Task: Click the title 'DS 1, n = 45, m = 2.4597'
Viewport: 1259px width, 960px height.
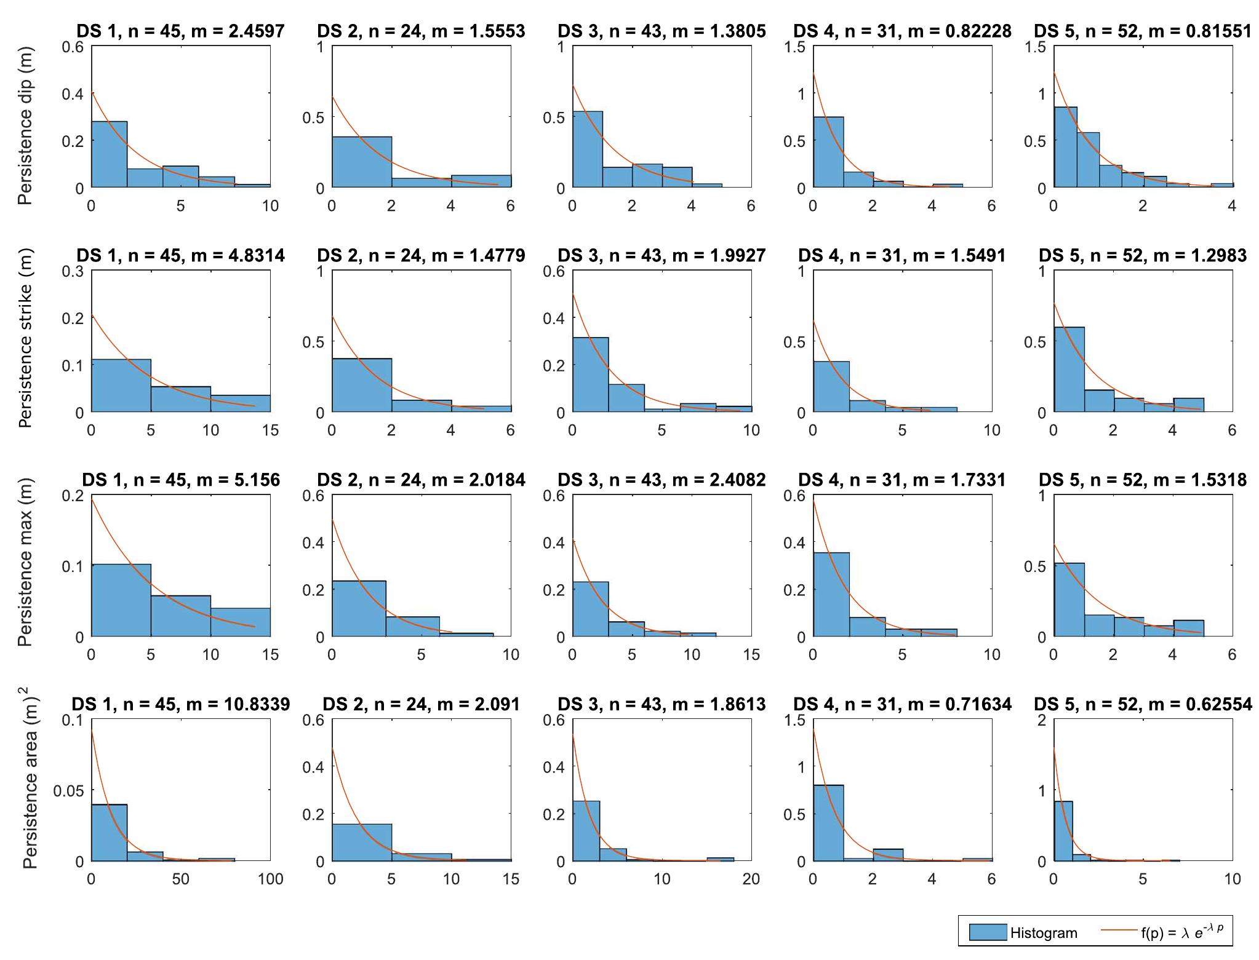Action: [x=180, y=31]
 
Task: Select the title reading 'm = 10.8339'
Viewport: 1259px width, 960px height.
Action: [x=180, y=704]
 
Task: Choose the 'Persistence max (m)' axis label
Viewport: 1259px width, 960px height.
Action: [x=25, y=563]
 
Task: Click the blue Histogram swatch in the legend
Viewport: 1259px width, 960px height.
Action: [x=987, y=932]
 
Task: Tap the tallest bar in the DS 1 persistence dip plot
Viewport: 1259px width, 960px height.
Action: [x=110, y=154]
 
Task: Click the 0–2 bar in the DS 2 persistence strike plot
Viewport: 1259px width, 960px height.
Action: [x=362, y=385]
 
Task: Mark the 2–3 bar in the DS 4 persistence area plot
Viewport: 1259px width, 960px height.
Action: [x=888, y=855]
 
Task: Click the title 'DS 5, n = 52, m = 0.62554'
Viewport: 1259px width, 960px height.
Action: [x=1143, y=704]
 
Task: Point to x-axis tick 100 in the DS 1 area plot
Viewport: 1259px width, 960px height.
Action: [x=270, y=879]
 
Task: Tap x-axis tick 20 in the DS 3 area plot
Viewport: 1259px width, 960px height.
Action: [x=751, y=879]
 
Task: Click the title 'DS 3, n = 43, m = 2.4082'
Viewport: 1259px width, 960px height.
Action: [x=661, y=480]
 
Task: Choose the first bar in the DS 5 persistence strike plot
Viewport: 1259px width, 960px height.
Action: [x=1069, y=369]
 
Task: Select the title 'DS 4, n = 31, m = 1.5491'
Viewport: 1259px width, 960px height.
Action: [x=901, y=255]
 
